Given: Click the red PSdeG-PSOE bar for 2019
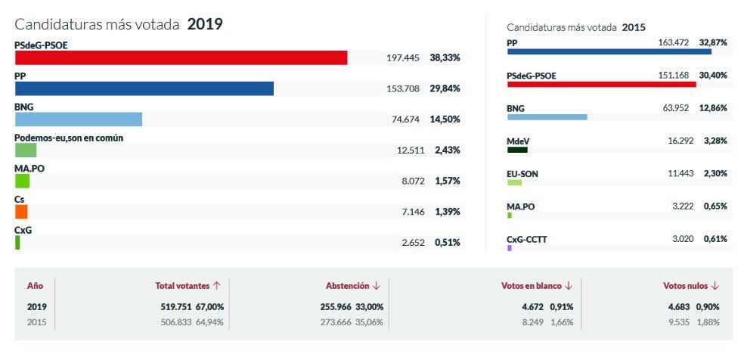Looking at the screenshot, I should tap(181, 57).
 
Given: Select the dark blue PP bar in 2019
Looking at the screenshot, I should tap(144, 88).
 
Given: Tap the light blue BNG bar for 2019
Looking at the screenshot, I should tap(79, 119).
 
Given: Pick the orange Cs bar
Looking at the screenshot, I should tap(21, 212).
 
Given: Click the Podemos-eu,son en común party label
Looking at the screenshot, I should tap(69, 138).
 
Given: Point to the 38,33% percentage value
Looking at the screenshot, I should tap(445, 57).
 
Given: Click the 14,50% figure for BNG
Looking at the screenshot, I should tap(445, 119).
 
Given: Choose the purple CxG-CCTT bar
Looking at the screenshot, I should tap(510, 248).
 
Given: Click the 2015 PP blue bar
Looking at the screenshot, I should tap(609, 51).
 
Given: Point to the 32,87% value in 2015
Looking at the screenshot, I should tap(713, 42).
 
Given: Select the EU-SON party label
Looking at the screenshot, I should tap(522, 174).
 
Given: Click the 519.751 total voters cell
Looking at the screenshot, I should tap(174, 306).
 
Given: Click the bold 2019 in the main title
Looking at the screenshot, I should tap(205, 24).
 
